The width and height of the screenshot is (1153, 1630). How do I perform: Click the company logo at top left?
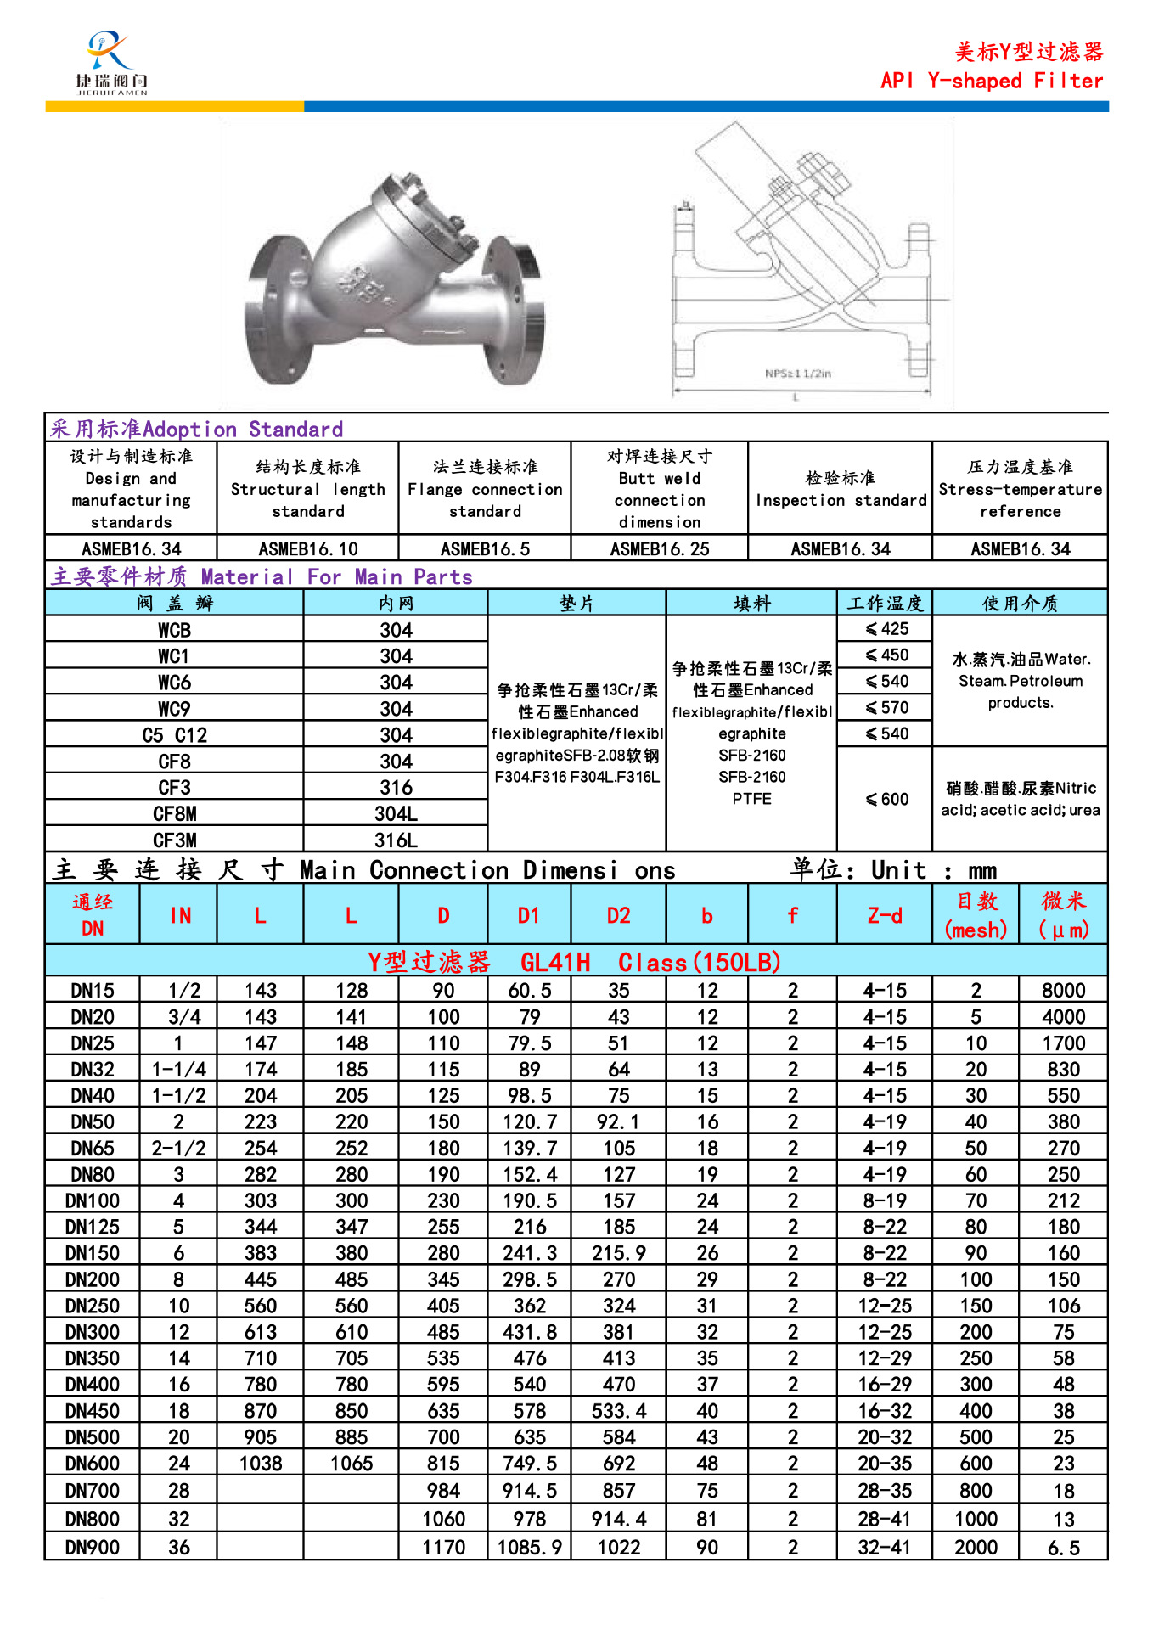click(x=111, y=63)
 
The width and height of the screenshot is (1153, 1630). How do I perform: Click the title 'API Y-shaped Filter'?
click(x=992, y=81)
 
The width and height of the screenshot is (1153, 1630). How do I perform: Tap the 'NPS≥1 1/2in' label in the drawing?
click(x=797, y=374)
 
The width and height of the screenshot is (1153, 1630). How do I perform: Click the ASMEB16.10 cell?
click(x=308, y=548)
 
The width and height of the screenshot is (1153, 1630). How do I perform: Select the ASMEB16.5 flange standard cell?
click(x=485, y=548)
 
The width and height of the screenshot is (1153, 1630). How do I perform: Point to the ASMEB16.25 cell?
click(x=660, y=548)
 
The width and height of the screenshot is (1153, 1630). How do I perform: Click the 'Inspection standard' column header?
click(x=841, y=489)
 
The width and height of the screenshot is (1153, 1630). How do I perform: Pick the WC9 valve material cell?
click(x=174, y=709)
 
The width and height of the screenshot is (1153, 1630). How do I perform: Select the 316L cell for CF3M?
click(x=396, y=840)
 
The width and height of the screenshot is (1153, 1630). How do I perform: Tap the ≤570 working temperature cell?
click(x=886, y=708)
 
